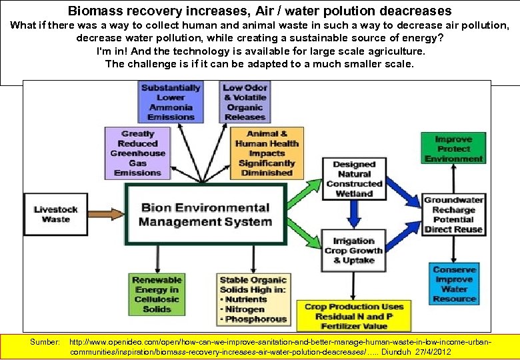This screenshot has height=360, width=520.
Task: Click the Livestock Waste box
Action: coord(55,214)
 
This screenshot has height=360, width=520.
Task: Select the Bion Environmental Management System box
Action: coord(206,215)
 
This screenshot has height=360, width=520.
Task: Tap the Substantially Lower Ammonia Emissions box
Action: coord(171,102)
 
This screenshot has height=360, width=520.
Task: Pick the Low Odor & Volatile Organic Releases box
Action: coord(245,102)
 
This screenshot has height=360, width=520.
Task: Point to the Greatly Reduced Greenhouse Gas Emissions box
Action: coord(137,153)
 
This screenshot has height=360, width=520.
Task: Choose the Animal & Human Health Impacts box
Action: coord(266,153)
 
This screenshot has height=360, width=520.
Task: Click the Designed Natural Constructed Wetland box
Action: coord(354,179)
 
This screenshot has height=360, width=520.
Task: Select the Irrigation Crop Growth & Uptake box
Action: coord(353,251)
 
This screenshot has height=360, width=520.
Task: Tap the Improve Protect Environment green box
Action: coord(453,149)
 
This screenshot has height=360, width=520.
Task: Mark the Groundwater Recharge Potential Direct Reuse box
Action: coord(453,215)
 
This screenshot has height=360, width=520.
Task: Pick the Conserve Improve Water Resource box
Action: coord(454,284)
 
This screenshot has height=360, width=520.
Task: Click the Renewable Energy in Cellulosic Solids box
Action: coord(157,295)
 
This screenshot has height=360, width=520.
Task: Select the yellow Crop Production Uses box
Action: coord(354,316)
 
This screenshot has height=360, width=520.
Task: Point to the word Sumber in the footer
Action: coord(45,341)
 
